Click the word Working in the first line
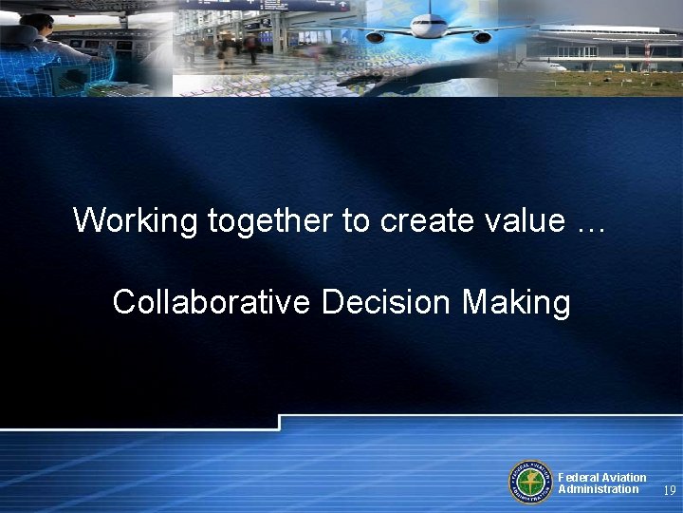point(136,220)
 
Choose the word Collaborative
point(212,302)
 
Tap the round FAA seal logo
point(530,482)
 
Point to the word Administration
point(599,489)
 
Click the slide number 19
point(669,491)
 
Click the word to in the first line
point(357,220)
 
